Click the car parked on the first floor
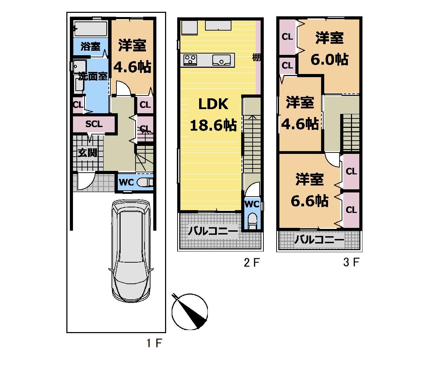(131, 252)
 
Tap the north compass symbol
(190, 312)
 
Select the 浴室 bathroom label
(90, 46)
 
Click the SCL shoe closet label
(94, 124)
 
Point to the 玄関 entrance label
(88, 153)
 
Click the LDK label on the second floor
(213, 104)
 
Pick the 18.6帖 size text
(213, 125)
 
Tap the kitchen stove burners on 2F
(190, 60)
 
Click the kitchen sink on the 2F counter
(221, 60)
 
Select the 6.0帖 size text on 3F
(329, 59)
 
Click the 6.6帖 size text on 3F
(310, 201)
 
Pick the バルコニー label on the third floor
(319, 240)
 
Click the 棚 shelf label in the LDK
(256, 57)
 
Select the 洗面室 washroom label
(93, 77)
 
